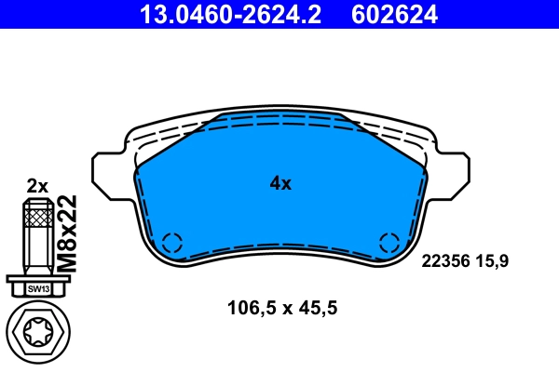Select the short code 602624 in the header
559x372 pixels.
[393, 14]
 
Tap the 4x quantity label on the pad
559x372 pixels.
[280, 184]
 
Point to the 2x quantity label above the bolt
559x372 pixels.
[36, 185]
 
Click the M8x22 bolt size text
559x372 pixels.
[66, 232]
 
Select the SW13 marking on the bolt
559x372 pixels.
[36, 288]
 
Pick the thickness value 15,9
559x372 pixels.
[493, 262]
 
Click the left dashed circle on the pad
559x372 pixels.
[172, 243]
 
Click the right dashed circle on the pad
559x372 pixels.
[389, 243]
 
